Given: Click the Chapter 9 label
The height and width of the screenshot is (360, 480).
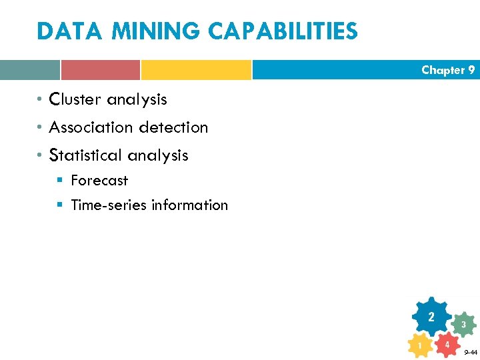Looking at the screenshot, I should [448, 70].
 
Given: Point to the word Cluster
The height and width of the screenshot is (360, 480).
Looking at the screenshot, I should [75, 99].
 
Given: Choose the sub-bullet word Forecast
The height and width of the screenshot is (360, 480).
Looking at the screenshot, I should [99, 180].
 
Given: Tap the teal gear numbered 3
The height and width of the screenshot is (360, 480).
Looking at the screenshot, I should [463, 325].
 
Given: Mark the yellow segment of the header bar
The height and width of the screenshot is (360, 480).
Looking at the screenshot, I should [196, 70].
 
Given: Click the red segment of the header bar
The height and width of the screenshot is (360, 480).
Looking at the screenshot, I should [100, 70].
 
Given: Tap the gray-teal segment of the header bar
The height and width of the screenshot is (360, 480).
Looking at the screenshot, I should [29, 70].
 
